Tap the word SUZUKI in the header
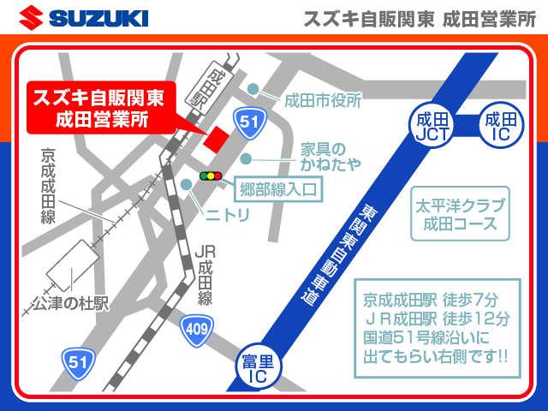point(98,18)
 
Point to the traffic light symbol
point(210,176)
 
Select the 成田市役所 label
point(325,99)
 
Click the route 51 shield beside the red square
point(249,122)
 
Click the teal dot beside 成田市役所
point(253,90)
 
